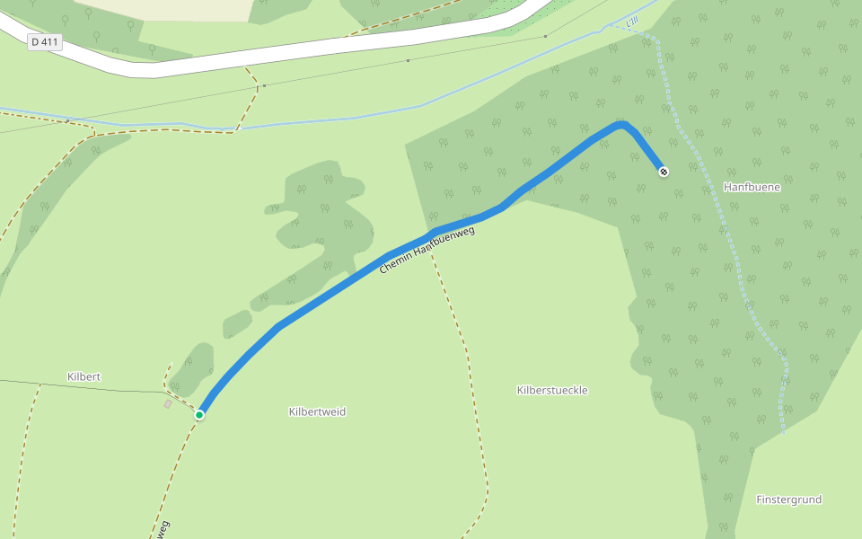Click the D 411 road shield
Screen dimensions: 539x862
(44, 42)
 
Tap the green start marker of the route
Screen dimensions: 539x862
(199, 414)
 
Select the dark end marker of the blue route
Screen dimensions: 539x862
(663, 171)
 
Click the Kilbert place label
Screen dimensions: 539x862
(84, 376)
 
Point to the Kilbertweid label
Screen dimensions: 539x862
(317, 411)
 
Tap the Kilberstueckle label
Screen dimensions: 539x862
(552, 390)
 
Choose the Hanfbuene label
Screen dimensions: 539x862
(752, 187)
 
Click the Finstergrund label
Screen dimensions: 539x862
(788, 499)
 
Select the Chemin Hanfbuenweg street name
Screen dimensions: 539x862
(427, 250)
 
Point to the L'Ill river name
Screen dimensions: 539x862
(634, 22)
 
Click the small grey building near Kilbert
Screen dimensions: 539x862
(168, 404)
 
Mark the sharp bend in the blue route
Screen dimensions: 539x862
(622, 125)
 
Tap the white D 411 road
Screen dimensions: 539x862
(269, 58)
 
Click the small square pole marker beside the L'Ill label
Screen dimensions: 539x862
(545, 36)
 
